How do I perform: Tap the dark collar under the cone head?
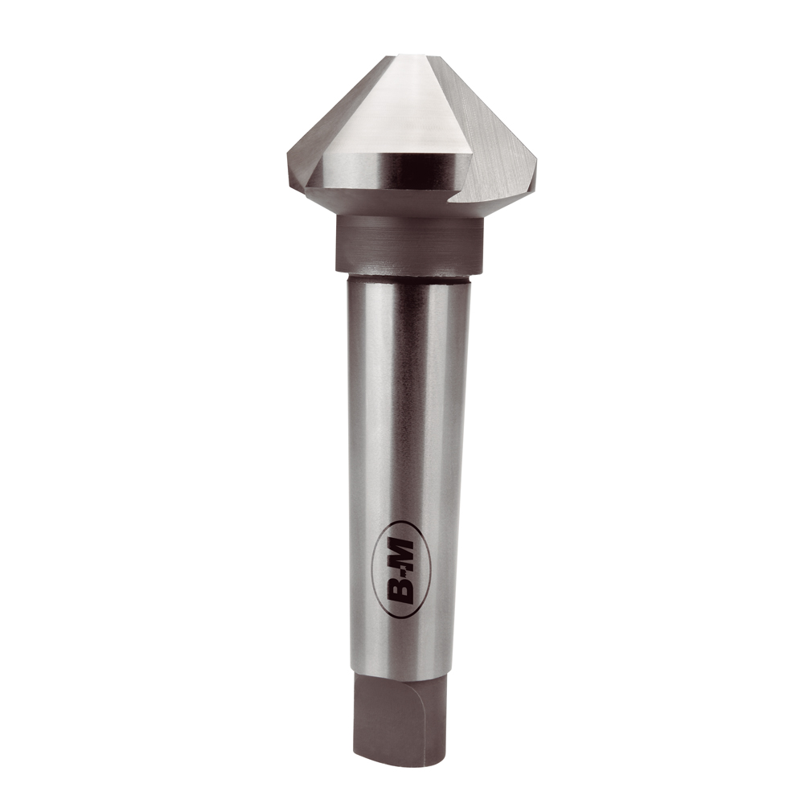(408, 244)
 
